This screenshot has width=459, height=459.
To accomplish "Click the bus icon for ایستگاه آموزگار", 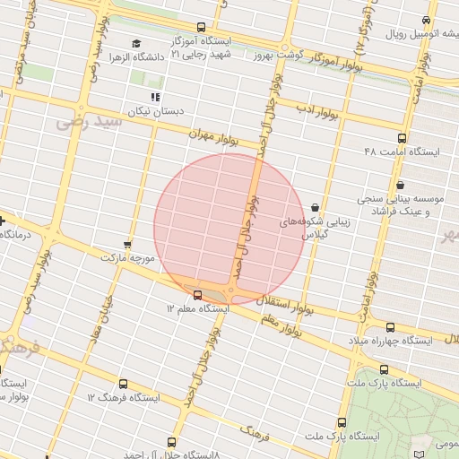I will (x=201, y=28).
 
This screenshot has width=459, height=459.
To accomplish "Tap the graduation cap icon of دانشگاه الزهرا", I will (x=136, y=43).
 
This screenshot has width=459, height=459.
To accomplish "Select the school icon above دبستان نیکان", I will (x=156, y=97).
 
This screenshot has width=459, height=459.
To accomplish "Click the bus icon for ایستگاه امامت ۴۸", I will (x=401, y=139).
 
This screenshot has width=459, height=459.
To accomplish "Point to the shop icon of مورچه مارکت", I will (x=127, y=244).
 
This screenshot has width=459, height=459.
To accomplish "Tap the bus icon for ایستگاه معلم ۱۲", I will (x=197, y=293).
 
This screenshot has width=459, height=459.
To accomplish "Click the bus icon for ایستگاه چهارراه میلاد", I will (x=389, y=327).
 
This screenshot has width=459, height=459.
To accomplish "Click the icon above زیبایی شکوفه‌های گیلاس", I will (x=314, y=207).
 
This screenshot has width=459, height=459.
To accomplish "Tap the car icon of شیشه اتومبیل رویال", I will (x=427, y=20).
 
